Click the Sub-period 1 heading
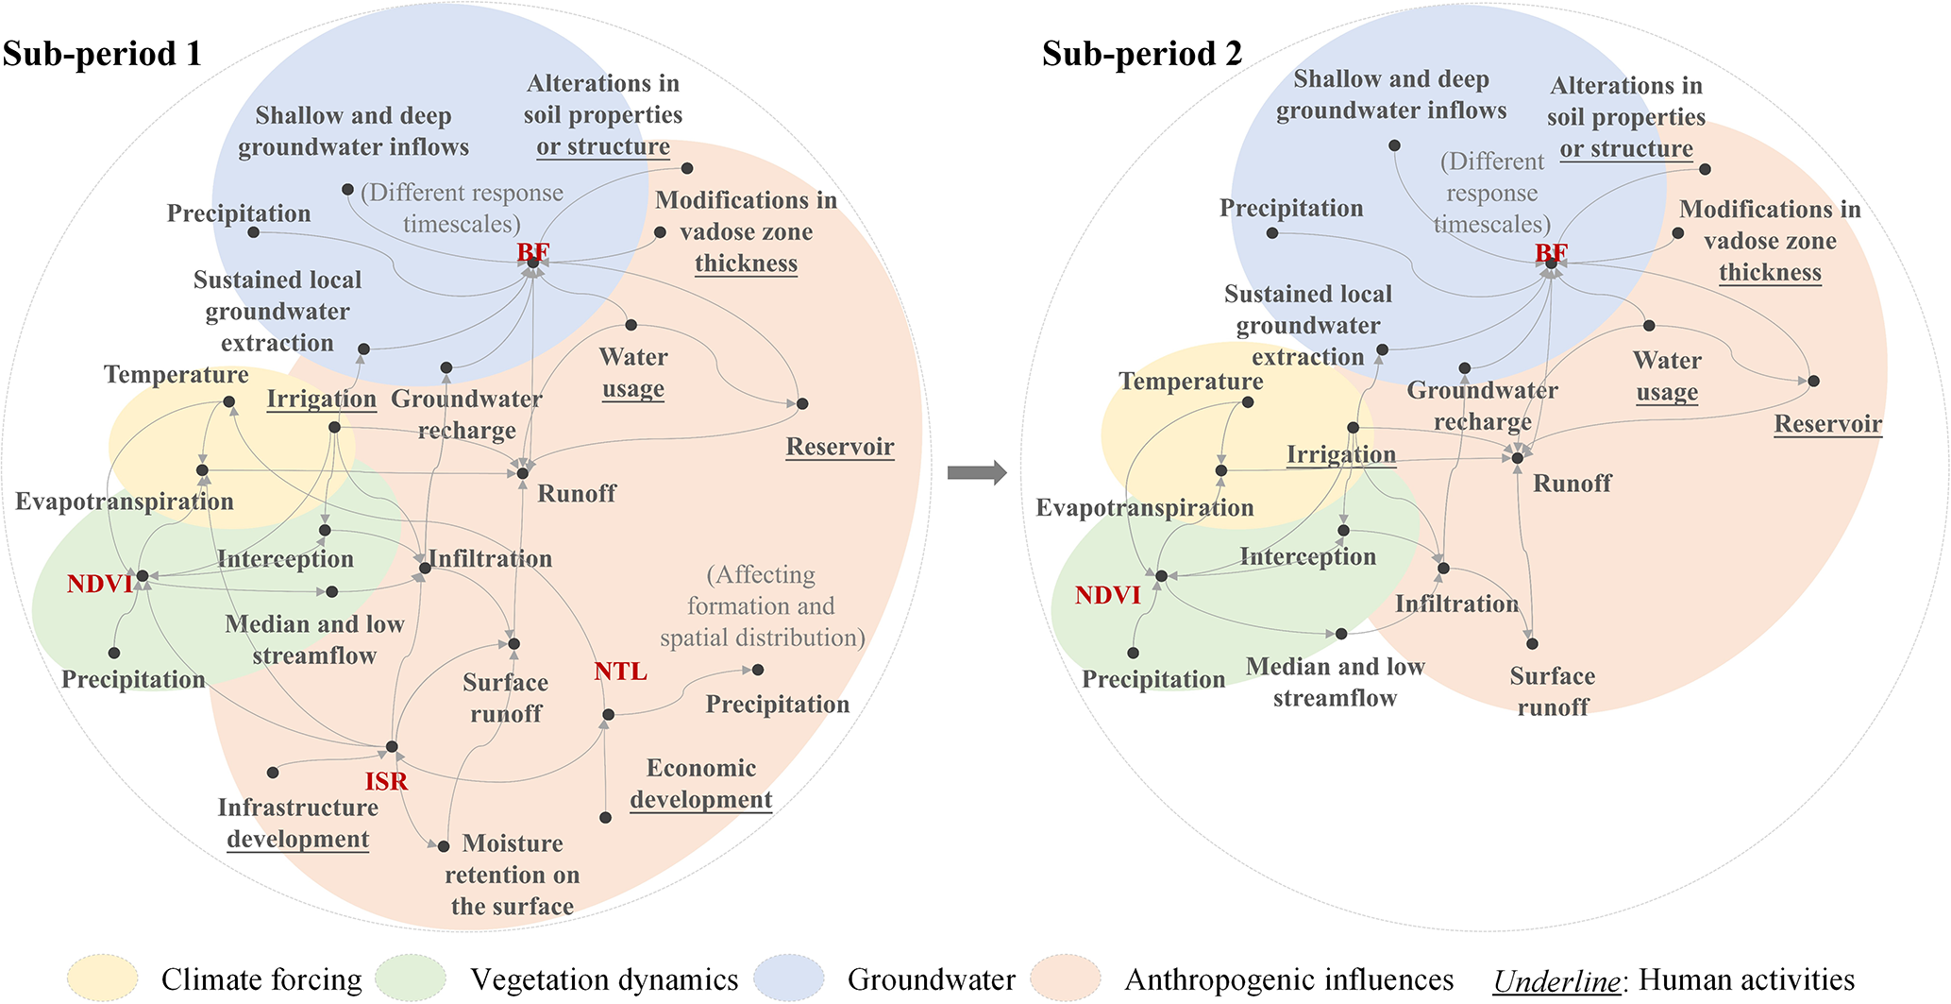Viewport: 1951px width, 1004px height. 102,54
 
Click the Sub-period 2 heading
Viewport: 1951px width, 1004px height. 1142,54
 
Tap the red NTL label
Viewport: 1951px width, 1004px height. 620,672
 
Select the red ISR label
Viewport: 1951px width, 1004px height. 387,781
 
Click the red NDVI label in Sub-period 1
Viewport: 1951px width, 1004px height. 99,584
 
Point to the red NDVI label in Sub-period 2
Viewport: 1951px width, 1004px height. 1107,595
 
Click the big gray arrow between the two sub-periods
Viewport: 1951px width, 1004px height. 977,472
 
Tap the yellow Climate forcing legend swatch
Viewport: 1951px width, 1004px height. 103,978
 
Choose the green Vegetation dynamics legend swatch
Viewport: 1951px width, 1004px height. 411,978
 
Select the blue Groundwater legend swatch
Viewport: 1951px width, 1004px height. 789,978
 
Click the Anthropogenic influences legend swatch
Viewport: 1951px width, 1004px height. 1066,978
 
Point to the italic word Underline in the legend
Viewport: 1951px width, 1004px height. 1556,980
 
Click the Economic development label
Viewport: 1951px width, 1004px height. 701,784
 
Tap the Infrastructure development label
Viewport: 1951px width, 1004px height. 298,823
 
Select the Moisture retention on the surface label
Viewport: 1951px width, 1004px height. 513,875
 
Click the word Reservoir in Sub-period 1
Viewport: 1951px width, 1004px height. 840,447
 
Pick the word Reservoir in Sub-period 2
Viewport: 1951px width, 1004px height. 1828,424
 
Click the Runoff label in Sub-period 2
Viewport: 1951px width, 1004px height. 1572,484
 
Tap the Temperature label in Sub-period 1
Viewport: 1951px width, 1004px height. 177,375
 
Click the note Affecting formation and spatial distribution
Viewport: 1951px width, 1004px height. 762,606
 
